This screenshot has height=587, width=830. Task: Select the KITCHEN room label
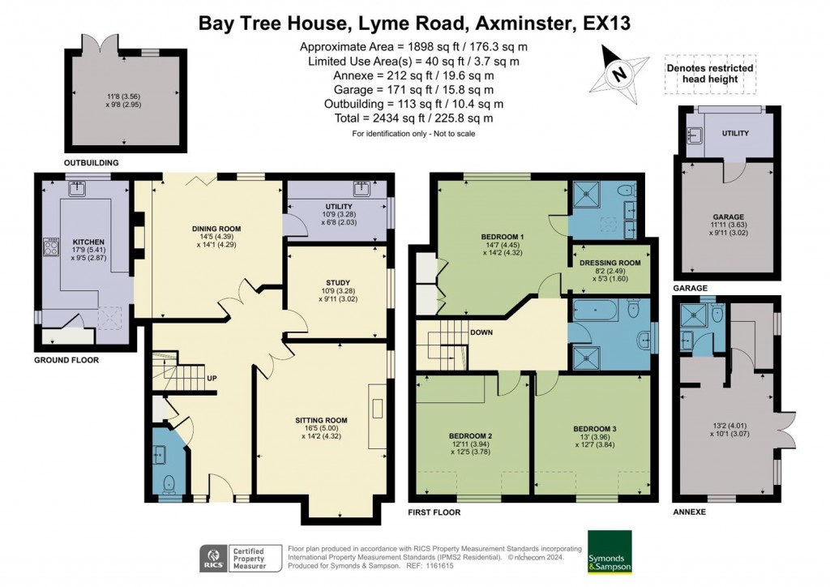click(x=89, y=242)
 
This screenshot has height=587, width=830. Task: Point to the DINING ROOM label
click(x=216, y=229)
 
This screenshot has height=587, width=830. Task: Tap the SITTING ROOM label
click(x=321, y=420)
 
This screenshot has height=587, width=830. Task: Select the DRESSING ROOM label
click(x=610, y=263)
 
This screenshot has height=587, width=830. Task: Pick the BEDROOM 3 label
click(x=595, y=429)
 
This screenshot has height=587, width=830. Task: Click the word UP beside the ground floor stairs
click(x=212, y=379)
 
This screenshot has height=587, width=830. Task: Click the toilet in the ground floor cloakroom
click(x=168, y=483)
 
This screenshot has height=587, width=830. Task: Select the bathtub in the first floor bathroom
click(x=598, y=311)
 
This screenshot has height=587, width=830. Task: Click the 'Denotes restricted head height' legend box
click(x=709, y=74)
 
